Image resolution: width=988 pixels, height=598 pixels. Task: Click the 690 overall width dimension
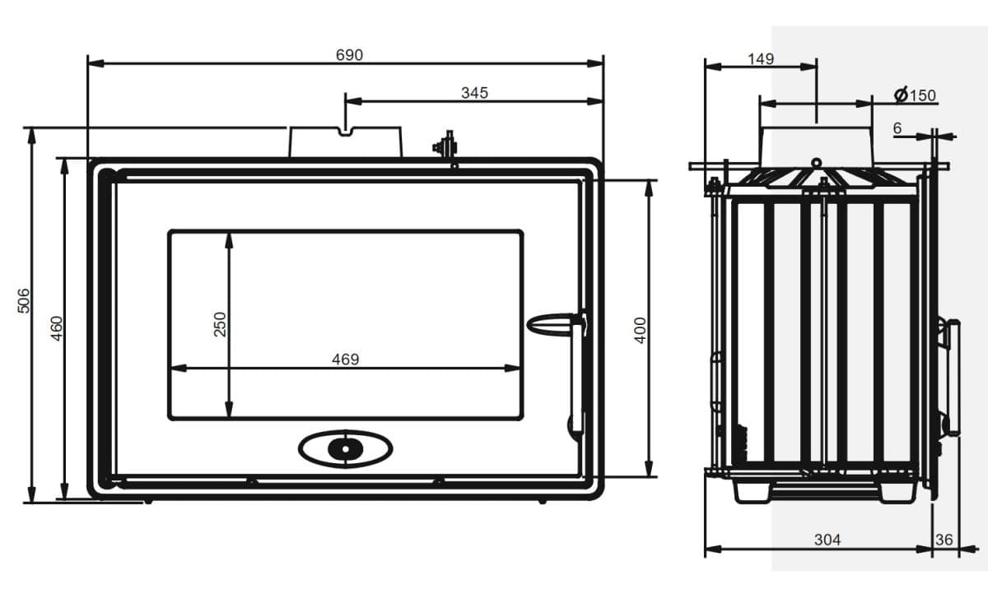pos(349,55)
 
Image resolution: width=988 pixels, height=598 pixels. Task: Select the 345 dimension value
pos(474,93)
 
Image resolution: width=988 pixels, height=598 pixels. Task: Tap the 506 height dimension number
pos(23,301)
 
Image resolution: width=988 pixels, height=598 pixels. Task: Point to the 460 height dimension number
pos(57,328)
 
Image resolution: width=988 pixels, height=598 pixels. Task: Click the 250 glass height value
pos(220,324)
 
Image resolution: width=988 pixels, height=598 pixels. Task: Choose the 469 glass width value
pos(345,359)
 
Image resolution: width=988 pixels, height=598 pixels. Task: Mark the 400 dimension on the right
pos(640,330)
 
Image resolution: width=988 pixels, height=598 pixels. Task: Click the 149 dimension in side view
pos(761,58)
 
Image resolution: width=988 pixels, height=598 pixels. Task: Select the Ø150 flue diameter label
pos(915,95)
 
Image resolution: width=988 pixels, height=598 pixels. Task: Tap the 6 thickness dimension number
pos(897,128)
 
